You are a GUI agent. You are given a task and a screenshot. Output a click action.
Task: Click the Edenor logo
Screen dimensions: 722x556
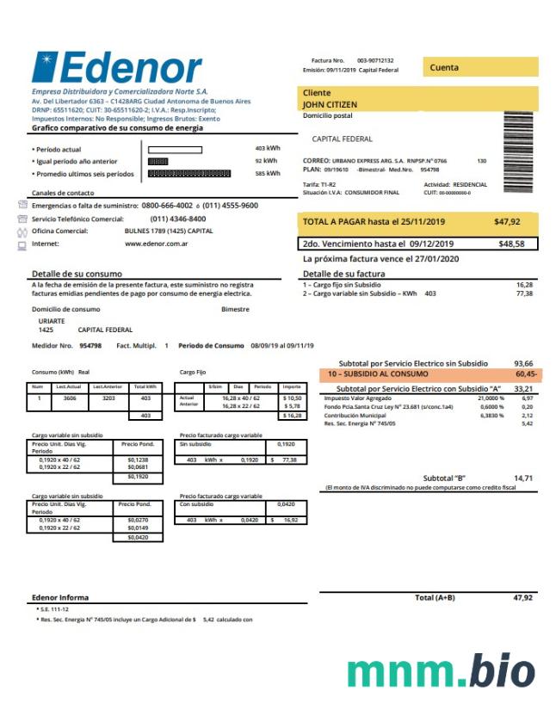[116, 69]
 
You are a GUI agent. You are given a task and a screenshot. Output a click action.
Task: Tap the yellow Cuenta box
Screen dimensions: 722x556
[480, 67]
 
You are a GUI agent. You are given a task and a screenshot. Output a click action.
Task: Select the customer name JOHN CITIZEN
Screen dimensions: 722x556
[330, 105]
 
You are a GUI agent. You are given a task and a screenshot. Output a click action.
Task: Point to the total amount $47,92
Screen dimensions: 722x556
[508, 222]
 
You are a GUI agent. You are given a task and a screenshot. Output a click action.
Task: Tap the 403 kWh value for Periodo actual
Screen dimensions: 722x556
[268, 149]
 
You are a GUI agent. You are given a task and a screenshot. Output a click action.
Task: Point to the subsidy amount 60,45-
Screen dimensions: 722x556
[526, 375]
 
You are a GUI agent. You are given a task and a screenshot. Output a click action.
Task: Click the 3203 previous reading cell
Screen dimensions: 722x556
[108, 398]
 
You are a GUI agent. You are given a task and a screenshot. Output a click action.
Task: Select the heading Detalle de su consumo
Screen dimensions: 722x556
[77, 274]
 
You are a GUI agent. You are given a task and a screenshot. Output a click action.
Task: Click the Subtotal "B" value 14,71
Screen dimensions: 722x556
[523, 478]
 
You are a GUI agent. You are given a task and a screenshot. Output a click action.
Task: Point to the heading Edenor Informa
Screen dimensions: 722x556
[60, 597]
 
